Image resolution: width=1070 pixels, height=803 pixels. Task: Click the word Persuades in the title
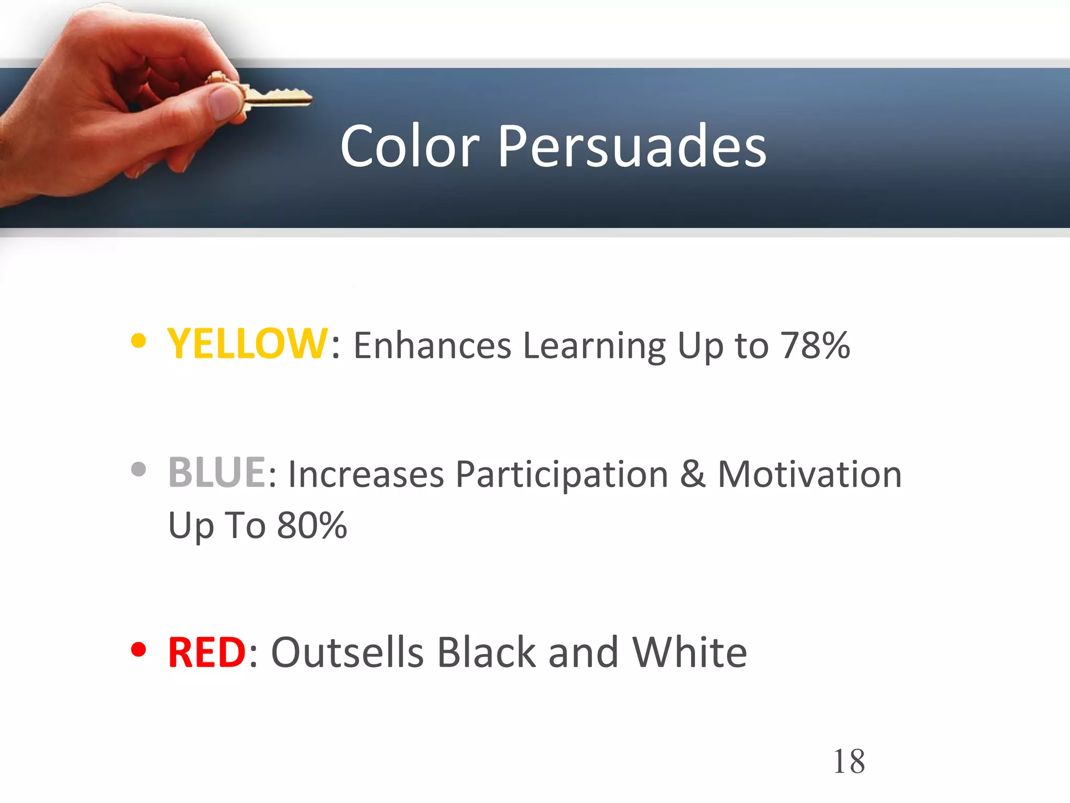click(632, 147)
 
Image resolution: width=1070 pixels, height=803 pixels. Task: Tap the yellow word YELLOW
click(247, 343)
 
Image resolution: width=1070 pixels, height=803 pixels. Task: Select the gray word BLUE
click(217, 473)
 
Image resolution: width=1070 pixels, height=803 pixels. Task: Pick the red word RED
click(206, 652)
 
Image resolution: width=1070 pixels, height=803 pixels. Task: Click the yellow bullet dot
click(138, 341)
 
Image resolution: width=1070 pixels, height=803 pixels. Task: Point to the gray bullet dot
click(138, 469)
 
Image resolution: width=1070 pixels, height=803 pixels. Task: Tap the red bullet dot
click(138, 649)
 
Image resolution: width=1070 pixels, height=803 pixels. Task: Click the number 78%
click(815, 346)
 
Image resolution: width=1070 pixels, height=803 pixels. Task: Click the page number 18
click(849, 761)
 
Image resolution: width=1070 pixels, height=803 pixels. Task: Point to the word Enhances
click(432, 346)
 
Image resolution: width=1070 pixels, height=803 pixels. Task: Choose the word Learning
click(594, 347)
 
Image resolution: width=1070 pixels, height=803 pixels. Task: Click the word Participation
click(562, 475)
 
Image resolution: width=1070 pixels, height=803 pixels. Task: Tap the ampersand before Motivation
click(693, 474)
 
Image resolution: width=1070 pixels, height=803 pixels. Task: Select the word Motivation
click(810, 474)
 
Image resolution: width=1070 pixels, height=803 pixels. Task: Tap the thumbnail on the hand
click(222, 102)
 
